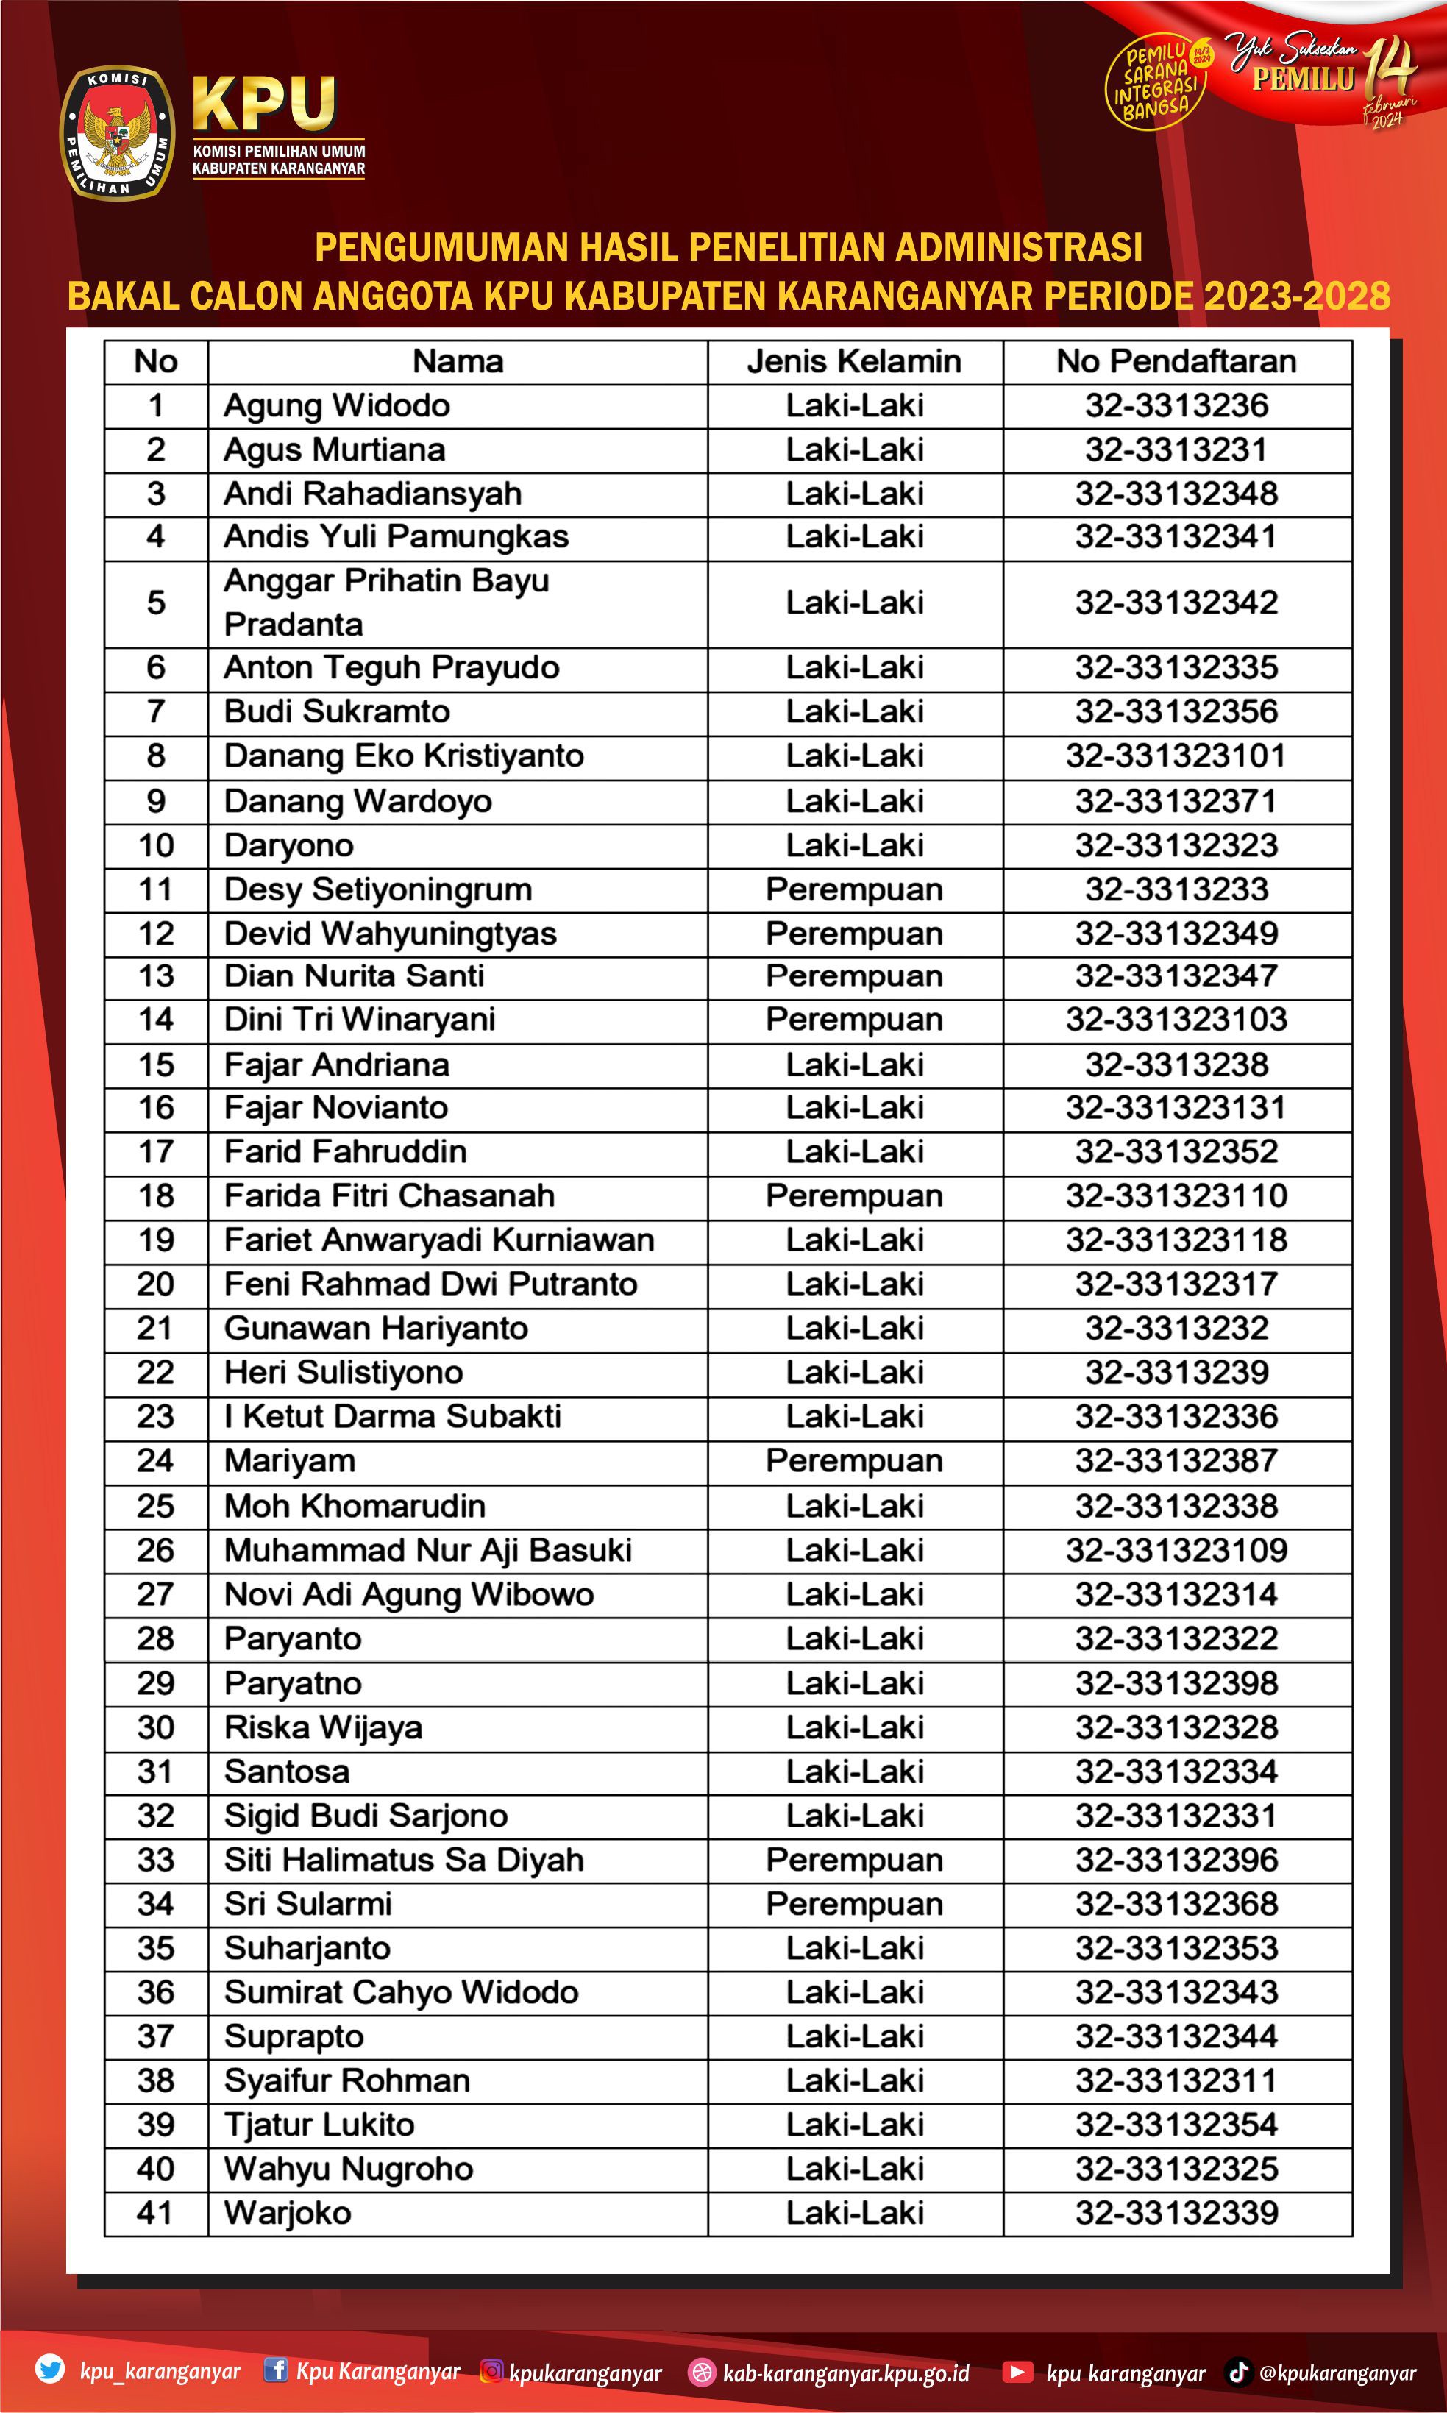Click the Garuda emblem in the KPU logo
[x=118, y=134]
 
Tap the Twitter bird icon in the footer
[x=50, y=2368]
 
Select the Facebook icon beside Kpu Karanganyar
[x=276, y=2369]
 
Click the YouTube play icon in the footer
[x=1017, y=2371]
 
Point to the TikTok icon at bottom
[x=1237, y=2371]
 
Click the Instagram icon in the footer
[x=492, y=2371]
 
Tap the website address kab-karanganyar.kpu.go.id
[x=845, y=2372]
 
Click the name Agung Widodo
[x=336, y=405]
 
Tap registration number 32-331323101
[x=1176, y=756]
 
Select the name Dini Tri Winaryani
[x=359, y=1020]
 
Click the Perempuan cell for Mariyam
[x=854, y=1460]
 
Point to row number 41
[x=155, y=2212]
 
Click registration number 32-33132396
[x=1176, y=1859]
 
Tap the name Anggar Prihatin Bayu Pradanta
[x=386, y=603]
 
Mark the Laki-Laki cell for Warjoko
[x=854, y=2212]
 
